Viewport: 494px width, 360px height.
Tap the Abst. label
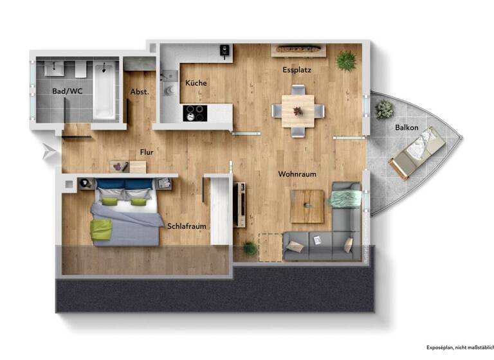pyautogui.click(x=140, y=92)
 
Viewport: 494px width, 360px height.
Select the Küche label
pyautogui.click(x=196, y=84)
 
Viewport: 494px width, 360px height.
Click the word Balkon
pyautogui.click(x=407, y=127)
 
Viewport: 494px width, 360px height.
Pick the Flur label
pyautogui.click(x=147, y=152)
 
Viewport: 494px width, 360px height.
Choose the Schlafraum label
pyautogui.click(x=186, y=226)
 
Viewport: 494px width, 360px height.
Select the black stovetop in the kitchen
pyautogui.click(x=195, y=113)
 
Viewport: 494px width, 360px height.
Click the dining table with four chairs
pyautogui.click(x=298, y=111)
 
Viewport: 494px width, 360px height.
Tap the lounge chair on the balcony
pyautogui.click(x=416, y=153)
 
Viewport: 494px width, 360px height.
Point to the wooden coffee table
pyautogui.click(x=307, y=206)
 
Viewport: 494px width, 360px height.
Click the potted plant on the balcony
pyautogui.click(x=385, y=109)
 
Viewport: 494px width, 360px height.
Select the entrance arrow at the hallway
pyautogui.click(x=48, y=152)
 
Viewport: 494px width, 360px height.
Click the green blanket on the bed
pyautogui.click(x=101, y=230)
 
